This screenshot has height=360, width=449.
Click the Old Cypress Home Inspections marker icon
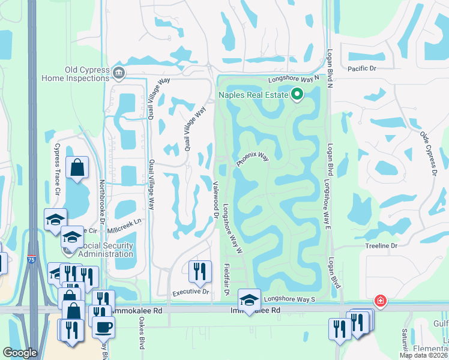[118, 73]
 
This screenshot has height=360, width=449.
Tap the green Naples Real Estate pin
[297, 94]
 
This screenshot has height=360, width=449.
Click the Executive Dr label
[190, 292]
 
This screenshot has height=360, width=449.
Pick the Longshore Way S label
[289, 298]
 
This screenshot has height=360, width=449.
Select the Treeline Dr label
[382, 246]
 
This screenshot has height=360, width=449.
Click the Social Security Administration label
[99, 250]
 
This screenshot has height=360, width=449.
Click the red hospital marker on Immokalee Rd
[379, 300]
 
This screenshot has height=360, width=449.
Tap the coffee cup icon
[103, 327]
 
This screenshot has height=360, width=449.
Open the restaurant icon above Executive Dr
[200, 271]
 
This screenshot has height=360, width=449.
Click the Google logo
[20, 353]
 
